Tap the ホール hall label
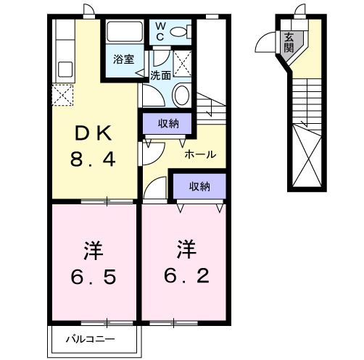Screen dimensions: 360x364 (x=200, y=154)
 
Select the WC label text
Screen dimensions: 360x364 (x=160, y=32)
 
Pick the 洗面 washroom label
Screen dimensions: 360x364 (x=160, y=75)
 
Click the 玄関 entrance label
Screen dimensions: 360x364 (x=289, y=43)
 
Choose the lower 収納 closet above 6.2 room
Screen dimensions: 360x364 (x=199, y=186)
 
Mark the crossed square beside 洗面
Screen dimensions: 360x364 (x=183, y=64)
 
